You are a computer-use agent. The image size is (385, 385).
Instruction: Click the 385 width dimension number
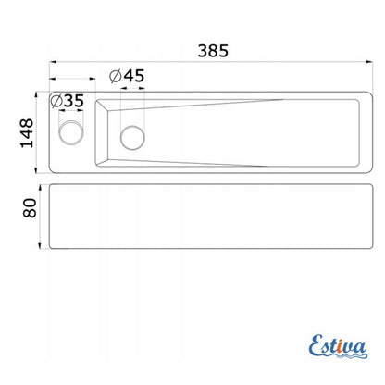(213, 51)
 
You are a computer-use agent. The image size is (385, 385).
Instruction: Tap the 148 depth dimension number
(27, 133)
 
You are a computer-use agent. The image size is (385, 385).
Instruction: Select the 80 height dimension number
(30, 208)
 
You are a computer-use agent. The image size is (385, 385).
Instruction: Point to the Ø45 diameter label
(127, 76)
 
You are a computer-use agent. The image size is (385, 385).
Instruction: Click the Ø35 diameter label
(67, 101)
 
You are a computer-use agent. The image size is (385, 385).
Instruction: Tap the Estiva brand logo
(338, 347)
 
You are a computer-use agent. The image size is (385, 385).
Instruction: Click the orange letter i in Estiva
(340, 347)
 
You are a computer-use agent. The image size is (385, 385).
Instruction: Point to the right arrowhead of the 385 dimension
(369, 62)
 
